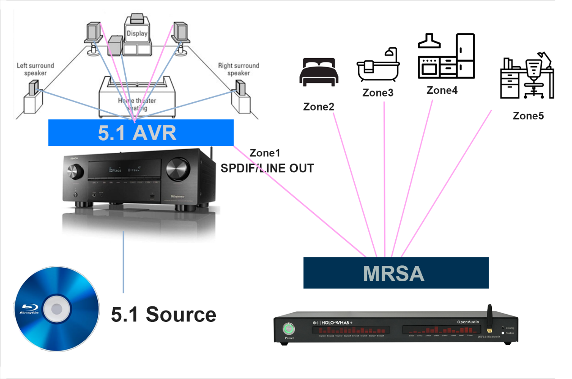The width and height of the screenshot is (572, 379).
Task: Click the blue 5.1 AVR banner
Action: click(x=141, y=132)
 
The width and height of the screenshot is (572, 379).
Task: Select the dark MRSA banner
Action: click(x=396, y=273)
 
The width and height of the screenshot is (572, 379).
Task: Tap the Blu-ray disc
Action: click(x=57, y=308)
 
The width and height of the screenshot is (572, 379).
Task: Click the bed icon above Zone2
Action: click(x=318, y=72)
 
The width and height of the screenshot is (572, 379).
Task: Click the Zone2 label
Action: click(x=319, y=107)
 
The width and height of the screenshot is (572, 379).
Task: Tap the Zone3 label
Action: click(x=378, y=93)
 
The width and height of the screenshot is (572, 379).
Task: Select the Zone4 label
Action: click(x=442, y=90)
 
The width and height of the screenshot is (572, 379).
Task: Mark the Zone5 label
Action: click(x=528, y=116)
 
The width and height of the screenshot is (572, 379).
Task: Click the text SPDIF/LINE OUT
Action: click(x=267, y=169)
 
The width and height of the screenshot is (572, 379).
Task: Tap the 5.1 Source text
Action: click(x=163, y=314)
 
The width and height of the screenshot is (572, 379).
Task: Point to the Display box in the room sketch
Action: click(x=137, y=34)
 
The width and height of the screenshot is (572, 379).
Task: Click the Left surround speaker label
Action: click(x=35, y=69)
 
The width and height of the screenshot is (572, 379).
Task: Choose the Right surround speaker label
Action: click(x=238, y=69)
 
